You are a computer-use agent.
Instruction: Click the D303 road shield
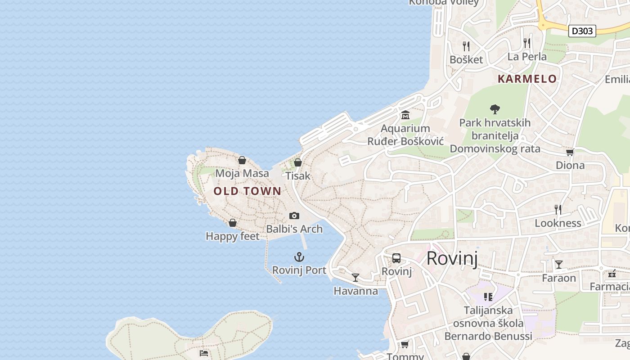[582, 31]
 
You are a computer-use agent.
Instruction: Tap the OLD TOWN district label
[247, 191]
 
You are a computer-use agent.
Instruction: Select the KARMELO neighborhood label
[527, 79]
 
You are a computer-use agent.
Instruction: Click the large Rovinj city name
[451, 258]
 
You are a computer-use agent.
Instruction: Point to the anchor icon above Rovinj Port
[299, 257]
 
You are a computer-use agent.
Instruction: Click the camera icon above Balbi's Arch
[294, 216]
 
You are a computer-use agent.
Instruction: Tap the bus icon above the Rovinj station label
[396, 258]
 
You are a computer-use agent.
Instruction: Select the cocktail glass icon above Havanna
[355, 278]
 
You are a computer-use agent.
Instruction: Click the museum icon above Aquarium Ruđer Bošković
[405, 115]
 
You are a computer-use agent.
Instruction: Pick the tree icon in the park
[495, 109]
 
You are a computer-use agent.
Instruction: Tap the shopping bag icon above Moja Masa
[242, 160]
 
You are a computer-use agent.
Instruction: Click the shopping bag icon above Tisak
[298, 162]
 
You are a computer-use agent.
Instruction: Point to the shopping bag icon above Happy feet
[233, 223]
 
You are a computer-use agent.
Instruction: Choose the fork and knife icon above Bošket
[466, 46]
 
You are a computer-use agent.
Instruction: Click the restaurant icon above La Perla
[527, 43]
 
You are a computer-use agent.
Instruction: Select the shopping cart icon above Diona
[570, 152]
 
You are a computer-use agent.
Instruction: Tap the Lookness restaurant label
[558, 223]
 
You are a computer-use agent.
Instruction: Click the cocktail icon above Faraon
[559, 264]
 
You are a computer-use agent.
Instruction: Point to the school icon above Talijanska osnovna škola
[488, 297]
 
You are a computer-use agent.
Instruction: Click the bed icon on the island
[204, 353]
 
